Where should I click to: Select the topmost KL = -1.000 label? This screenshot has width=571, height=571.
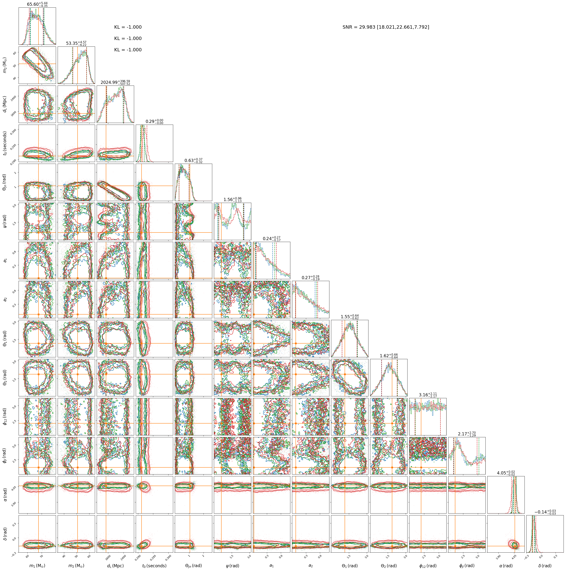pyautogui.click(x=128, y=27)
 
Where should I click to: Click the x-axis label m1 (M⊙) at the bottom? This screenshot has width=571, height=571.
pyautogui.click(x=37, y=566)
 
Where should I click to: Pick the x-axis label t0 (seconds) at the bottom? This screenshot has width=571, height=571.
pyautogui.click(x=154, y=566)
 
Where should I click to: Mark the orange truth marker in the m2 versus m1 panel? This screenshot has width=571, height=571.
pyautogui.click(x=39, y=64)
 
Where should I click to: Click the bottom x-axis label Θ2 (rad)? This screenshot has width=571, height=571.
pyautogui.click(x=389, y=566)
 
